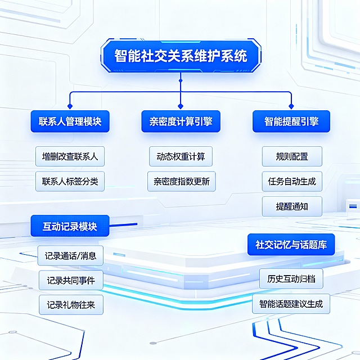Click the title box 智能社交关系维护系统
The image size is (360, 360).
(x=180, y=56)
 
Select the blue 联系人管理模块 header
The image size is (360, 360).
(x=70, y=121)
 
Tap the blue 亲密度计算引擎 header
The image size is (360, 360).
(x=180, y=121)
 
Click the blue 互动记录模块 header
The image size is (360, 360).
(x=70, y=226)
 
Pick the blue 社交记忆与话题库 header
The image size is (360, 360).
(x=291, y=245)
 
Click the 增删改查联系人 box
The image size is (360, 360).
(x=70, y=156)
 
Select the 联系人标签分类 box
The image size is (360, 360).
(x=70, y=181)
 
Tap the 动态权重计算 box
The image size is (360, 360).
(x=181, y=156)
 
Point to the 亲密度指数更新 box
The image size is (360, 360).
(x=181, y=181)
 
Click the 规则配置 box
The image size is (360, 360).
(x=292, y=156)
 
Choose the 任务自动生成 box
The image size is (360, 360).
(x=292, y=181)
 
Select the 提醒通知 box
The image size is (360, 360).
(x=292, y=206)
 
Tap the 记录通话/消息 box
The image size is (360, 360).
(x=70, y=256)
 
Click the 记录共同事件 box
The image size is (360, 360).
(x=70, y=280)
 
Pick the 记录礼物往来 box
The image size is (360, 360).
(x=70, y=304)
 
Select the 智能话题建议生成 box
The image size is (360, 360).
(x=291, y=304)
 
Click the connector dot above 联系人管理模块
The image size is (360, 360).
(x=70, y=106)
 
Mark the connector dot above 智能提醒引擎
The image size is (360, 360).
(x=291, y=106)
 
